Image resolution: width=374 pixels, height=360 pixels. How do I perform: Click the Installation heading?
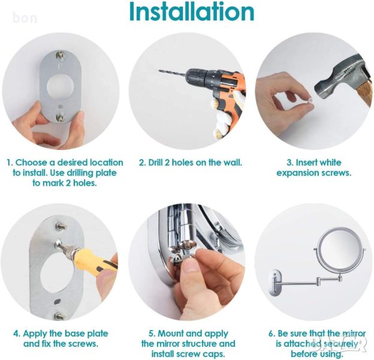click(192, 12)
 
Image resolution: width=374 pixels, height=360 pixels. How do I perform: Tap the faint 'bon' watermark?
click(25, 18)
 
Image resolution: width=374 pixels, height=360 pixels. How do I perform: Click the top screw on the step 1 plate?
click(61, 55)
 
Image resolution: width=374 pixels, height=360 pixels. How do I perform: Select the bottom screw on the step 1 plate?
click(60, 118)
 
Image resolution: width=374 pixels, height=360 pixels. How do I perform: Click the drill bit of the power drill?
click(172, 73)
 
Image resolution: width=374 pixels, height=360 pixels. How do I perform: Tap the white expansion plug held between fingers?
click(310, 100)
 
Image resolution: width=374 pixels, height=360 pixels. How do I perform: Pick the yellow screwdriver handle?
click(93, 262)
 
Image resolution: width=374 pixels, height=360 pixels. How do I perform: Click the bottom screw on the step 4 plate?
click(59, 317)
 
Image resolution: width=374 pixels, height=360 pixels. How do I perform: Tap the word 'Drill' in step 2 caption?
click(157, 163)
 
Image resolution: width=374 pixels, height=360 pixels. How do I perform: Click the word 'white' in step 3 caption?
click(330, 163)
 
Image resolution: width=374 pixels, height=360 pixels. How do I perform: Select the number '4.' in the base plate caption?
click(17, 333)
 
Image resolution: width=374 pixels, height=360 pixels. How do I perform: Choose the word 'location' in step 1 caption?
click(106, 163)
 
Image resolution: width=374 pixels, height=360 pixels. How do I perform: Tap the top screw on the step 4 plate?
click(61, 226)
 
